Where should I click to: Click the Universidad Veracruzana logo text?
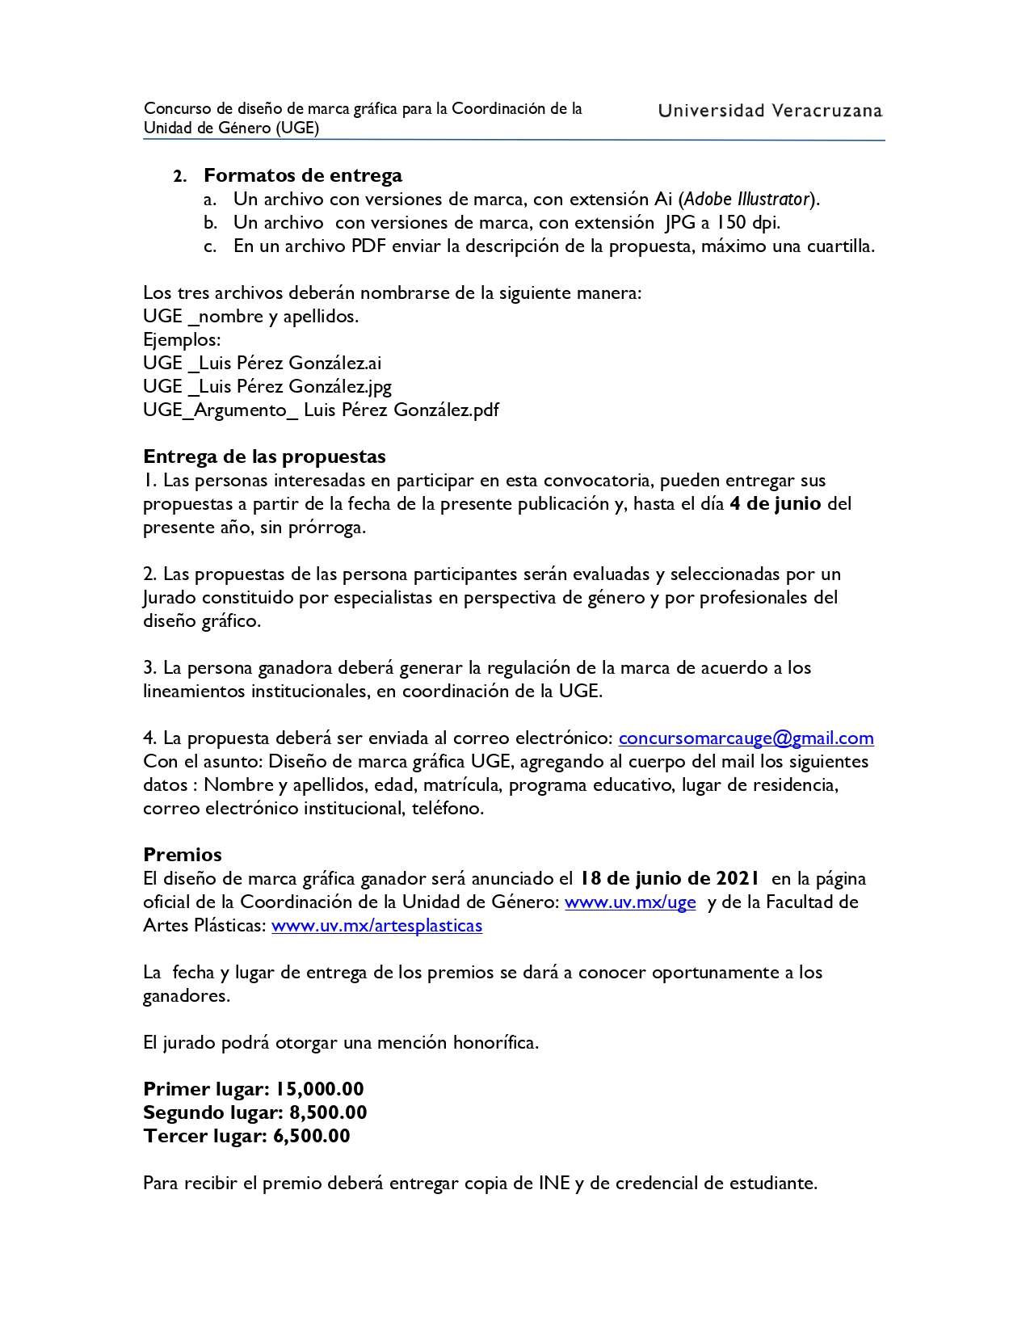770,111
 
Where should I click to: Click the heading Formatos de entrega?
302,175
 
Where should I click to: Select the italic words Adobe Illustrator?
747,199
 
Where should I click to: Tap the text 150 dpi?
747,222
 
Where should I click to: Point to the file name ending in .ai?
263,363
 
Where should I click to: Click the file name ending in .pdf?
321,410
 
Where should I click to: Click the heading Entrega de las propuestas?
264,456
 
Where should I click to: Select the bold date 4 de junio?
775,503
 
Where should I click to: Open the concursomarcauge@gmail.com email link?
746,738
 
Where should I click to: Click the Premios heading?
183,855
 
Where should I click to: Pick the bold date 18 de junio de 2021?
670,878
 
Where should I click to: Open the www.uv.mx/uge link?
630,902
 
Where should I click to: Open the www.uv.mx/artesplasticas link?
376,925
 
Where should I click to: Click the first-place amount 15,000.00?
320,1089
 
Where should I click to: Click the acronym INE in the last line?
554,1183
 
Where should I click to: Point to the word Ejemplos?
182,339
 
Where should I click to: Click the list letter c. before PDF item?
210,246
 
